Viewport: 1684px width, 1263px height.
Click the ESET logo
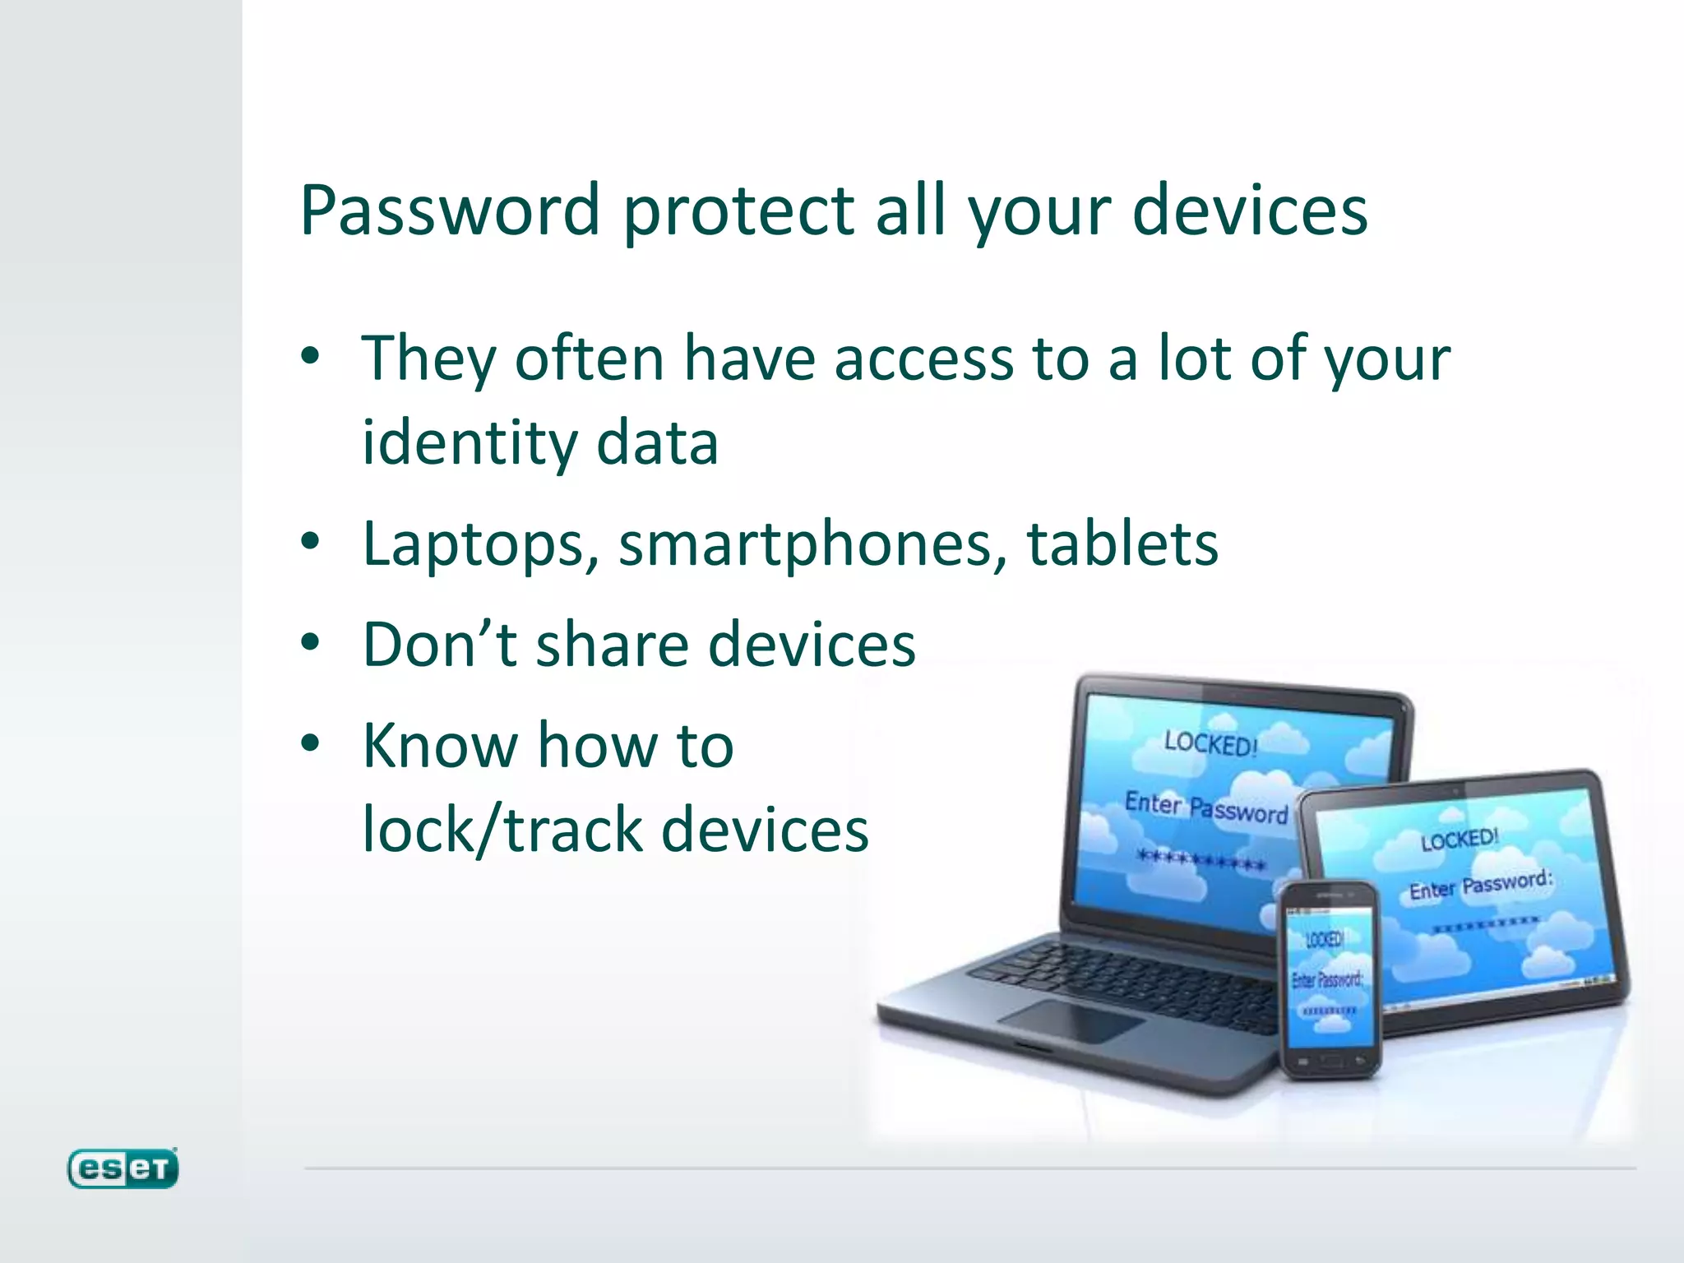[123, 1168]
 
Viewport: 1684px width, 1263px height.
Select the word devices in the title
[1250, 210]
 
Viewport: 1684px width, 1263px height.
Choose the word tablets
[1122, 544]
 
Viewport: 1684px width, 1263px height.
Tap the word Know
[440, 745]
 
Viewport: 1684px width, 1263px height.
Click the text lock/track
[502, 829]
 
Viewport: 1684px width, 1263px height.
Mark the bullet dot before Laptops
[310, 543]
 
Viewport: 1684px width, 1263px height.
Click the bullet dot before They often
[310, 358]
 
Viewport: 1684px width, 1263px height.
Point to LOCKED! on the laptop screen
[1211, 743]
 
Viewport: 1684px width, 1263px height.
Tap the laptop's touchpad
[1069, 1020]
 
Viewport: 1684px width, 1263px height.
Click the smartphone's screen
[1329, 978]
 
